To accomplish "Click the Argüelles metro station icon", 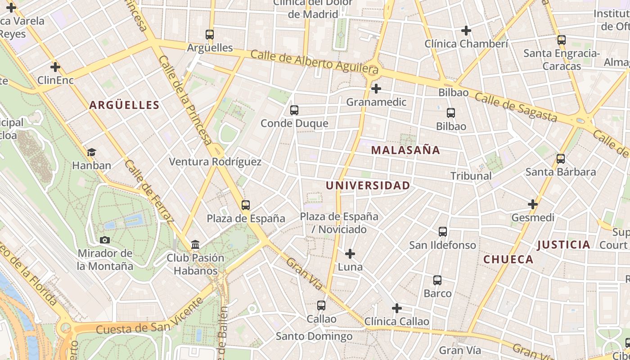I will click(x=210, y=35).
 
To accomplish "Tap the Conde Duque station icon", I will click(x=294, y=110).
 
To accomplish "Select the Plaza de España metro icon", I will click(x=246, y=205).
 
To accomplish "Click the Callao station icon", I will click(x=321, y=306).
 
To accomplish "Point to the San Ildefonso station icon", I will click(x=443, y=232).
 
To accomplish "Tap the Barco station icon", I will click(x=437, y=280).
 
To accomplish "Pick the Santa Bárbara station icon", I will click(x=561, y=159).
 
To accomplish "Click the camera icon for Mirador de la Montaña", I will click(x=105, y=240).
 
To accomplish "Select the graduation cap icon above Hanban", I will click(x=92, y=153).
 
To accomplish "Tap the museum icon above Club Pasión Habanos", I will click(x=195, y=245).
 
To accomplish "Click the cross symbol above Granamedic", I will click(x=376, y=89).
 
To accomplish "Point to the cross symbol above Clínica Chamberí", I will click(x=466, y=31).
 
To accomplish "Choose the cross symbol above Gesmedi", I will click(x=533, y=204).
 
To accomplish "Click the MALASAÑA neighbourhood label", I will click(x=405, y=150).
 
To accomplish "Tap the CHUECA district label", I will click(x=508, y=259).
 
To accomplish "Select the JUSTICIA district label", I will click(x=563, y=245).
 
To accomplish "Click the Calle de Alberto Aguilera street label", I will click(x=314, y=62).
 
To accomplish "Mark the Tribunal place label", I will click(x=471, y=176).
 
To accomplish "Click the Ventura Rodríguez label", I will click(x=215, y=162).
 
